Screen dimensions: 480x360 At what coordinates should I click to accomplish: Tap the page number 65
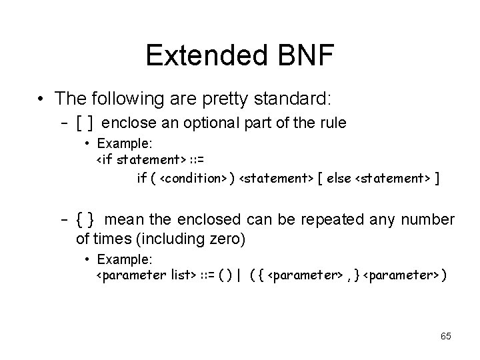point(446,335)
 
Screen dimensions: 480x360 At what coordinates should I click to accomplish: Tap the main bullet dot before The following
point(42,99)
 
